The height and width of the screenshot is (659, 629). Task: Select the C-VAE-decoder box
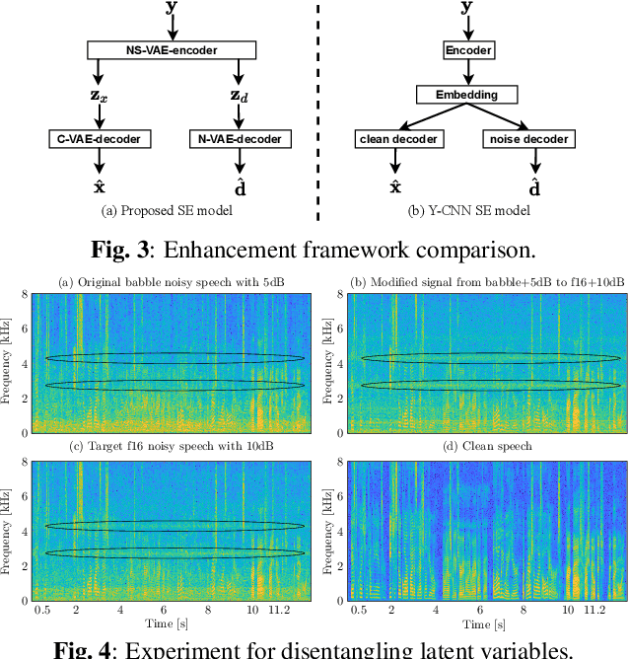[x=98, y=139]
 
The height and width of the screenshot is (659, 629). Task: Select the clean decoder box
[x=396, y=139]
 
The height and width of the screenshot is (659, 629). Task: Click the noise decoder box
[x=528, y=139]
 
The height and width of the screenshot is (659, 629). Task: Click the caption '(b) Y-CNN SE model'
[x=468, y=210]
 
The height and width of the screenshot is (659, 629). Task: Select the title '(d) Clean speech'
[x=489, y=446]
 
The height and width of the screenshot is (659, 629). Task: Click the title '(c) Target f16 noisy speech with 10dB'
[x=170, y=446]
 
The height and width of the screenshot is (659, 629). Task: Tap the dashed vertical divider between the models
[x=317, y=109]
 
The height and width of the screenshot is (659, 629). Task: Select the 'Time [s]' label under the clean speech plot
[x=488, y=624]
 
